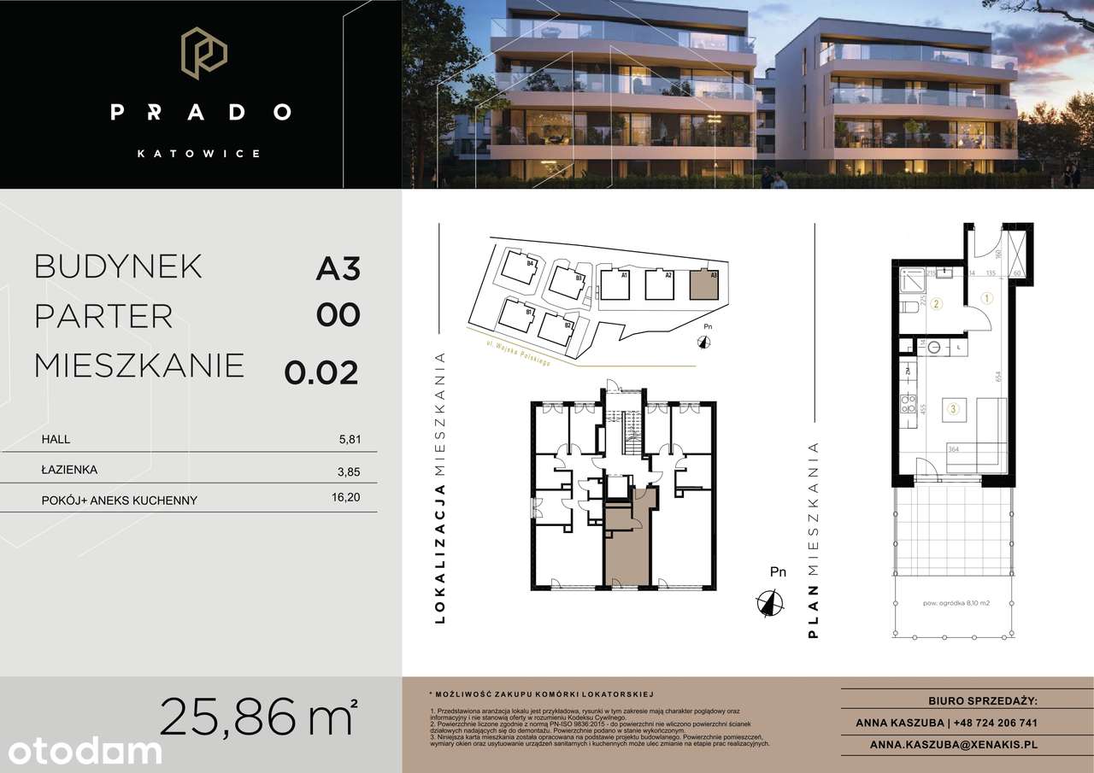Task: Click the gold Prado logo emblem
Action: pyautogui.click(x=203, y=54)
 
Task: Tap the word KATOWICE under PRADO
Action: pyautogui.click(x=200, y=154)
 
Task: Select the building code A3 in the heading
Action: pyautogui.click(x=338, y=268)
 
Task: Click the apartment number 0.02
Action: pyautogui.click(x=321, y=372)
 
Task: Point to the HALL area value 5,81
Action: pyautogui.click(x=350, y=440)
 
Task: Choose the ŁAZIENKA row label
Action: pyautogui.click(x=69, y=470)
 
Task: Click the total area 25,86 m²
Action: pyautogui.click(x=257, y=717)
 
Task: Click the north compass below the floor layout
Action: pyautogui.click(x=770, y=603)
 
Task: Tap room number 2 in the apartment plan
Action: pyautogui.click(x=937, y=303)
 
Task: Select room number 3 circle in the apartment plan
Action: pyautogui.click(x=951, y=409)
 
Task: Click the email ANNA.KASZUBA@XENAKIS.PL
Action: pyautogui.click(x=953, y=744)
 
